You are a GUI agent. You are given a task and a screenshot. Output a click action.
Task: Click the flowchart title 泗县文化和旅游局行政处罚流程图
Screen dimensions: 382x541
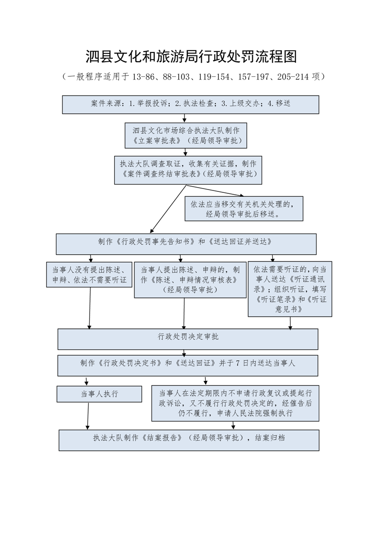191,56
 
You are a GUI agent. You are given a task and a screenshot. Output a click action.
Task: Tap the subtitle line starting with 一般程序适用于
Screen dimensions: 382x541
193,77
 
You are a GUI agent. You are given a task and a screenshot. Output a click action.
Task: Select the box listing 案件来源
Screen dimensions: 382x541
190,105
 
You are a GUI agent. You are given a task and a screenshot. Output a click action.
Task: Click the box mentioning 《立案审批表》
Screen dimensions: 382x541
186,135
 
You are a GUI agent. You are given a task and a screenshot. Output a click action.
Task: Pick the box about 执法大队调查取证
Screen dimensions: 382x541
188,170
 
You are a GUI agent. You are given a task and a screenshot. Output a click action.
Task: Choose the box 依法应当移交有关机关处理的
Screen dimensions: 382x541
244,209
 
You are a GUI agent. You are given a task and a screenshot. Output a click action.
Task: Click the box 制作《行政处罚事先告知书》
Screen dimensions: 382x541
186,244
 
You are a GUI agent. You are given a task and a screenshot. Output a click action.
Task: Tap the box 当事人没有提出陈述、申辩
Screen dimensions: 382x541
89,275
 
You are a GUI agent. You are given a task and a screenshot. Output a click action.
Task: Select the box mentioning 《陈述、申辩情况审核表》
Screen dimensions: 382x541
190,280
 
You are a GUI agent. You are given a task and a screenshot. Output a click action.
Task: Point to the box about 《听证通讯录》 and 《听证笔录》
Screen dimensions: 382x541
290,289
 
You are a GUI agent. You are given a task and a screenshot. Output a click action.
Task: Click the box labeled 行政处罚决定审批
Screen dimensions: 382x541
188,339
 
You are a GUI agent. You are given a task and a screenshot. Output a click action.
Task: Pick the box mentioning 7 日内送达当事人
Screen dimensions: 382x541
188,365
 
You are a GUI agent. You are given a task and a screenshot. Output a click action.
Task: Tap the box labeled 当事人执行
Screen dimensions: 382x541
99,394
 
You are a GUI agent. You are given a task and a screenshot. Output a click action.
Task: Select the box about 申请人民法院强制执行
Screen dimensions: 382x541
235,403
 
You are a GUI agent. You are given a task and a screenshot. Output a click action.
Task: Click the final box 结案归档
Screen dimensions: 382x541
189,440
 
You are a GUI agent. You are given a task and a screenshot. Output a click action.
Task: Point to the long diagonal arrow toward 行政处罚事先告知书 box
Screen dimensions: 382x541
168,209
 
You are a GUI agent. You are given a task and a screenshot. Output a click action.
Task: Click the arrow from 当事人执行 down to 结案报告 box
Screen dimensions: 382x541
88,416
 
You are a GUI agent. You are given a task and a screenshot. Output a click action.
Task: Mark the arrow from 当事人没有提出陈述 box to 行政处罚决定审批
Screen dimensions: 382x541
90,308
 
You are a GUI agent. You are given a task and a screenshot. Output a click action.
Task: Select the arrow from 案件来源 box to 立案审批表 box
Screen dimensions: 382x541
185,118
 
